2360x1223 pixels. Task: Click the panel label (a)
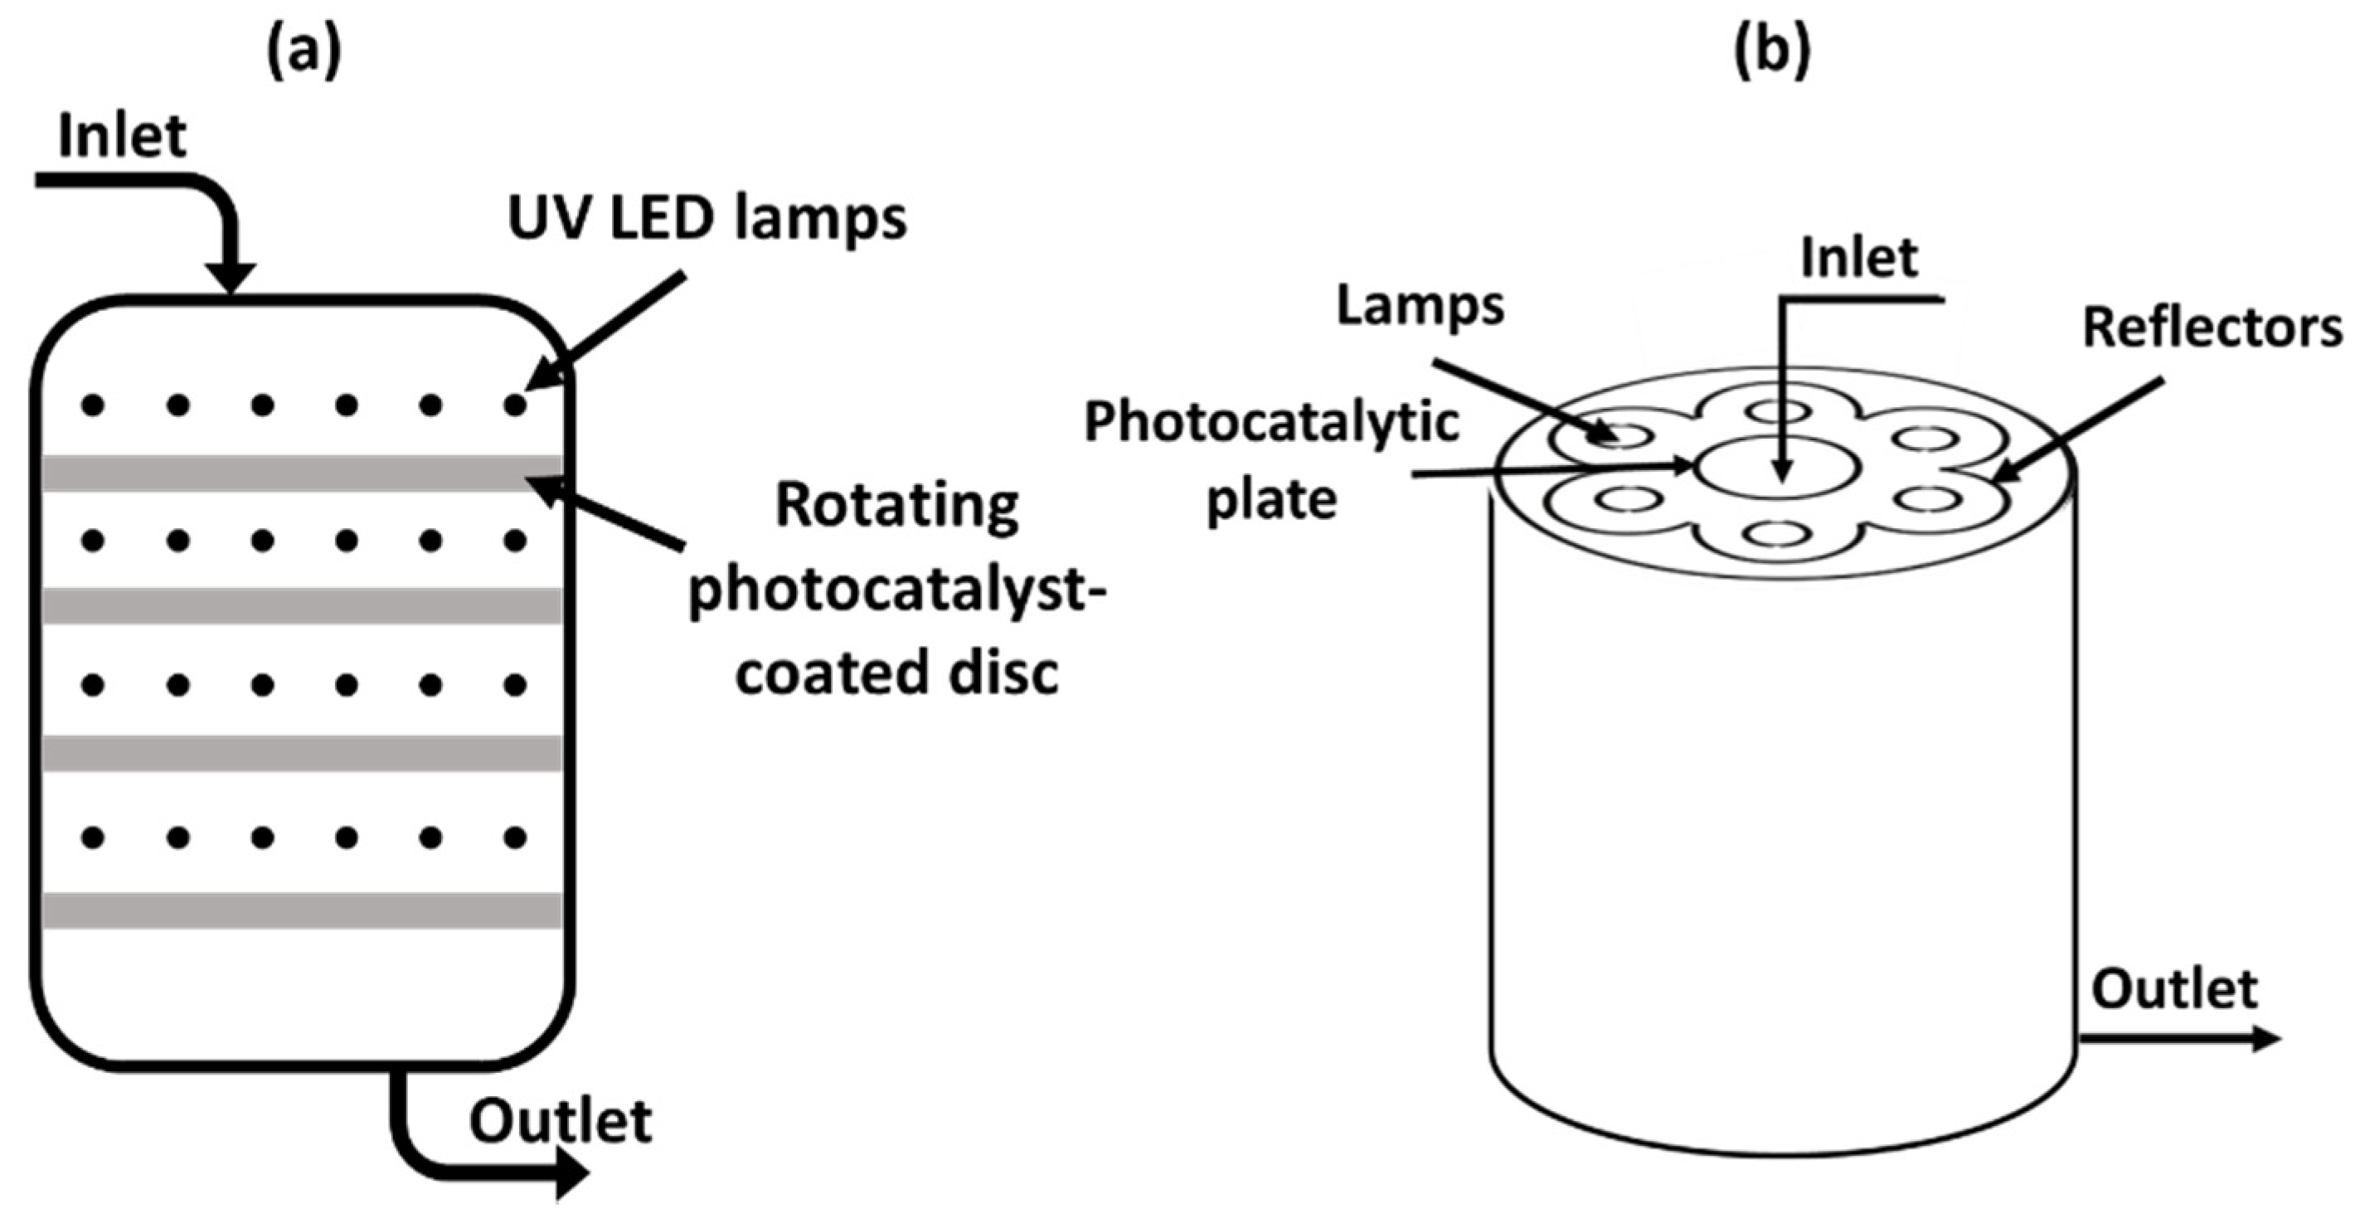tap(303, 53)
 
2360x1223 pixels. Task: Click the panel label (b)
tap(1773, 53)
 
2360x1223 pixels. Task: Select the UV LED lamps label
tap(707, 220)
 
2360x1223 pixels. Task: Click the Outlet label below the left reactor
tap(560, 1121)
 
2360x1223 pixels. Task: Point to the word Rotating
tap(897, 507)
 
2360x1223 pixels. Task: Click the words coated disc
tap(897, 673)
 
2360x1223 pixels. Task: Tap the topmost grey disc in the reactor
tap(303, 473)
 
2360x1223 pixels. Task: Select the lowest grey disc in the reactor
tap(303, 910)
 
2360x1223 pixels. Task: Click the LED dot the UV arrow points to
tap(516, 404)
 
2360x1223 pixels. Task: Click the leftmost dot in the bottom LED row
tap(93, 837)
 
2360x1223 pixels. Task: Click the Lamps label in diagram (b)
tap(1420, 305)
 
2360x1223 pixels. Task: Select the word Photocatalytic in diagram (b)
tap(1270, 423)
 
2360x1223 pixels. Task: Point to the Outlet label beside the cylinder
tap(2174, 990)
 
